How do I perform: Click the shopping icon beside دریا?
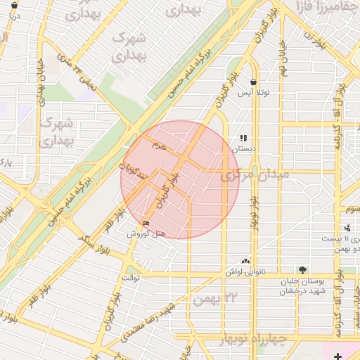(x=15, y=5)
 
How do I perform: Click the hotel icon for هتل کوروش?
(x=146, y=224)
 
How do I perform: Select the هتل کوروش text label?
(x=141, y=233)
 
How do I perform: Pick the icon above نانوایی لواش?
(x=246, y=260)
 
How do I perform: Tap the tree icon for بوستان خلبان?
(x=302, y=269)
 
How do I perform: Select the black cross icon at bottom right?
(x=339, y=356)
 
